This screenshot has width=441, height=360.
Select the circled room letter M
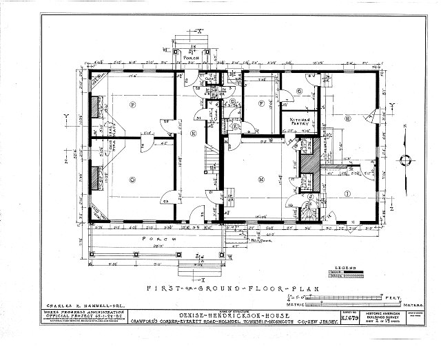261,180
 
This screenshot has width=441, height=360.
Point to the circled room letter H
349,119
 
